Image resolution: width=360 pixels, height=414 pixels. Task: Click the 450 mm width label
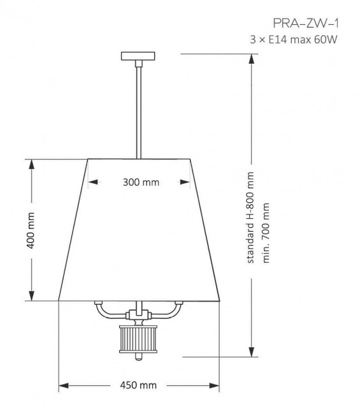click(x=140, y=385)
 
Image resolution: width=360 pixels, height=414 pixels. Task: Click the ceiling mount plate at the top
click(x=138, y=56)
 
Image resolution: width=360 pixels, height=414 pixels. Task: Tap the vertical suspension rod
click(x=138, y=108)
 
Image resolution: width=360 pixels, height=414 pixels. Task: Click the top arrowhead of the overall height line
click(x=253, y=57)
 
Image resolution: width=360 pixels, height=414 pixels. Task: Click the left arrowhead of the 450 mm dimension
click(x=63, y=385)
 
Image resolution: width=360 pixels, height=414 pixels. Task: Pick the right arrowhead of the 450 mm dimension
click(x=216, y=385)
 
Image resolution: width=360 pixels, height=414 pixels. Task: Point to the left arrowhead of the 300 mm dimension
click(x=92, y=182)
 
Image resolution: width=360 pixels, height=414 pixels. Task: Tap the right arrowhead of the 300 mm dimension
click(x=186, y=182)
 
